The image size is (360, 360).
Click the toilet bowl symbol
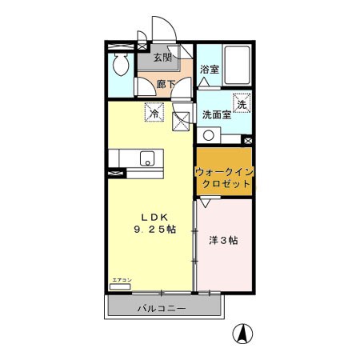point(121,65)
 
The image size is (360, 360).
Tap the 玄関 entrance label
point(162,57)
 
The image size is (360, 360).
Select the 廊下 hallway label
point(166,83)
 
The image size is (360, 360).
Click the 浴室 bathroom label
point(210,70)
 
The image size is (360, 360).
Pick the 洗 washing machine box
point(242,102)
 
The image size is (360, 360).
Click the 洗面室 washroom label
point(216,114)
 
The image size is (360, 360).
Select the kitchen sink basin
point(146,158)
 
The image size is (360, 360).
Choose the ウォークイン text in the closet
point(223,170)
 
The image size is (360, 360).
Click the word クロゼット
point(224,184)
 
